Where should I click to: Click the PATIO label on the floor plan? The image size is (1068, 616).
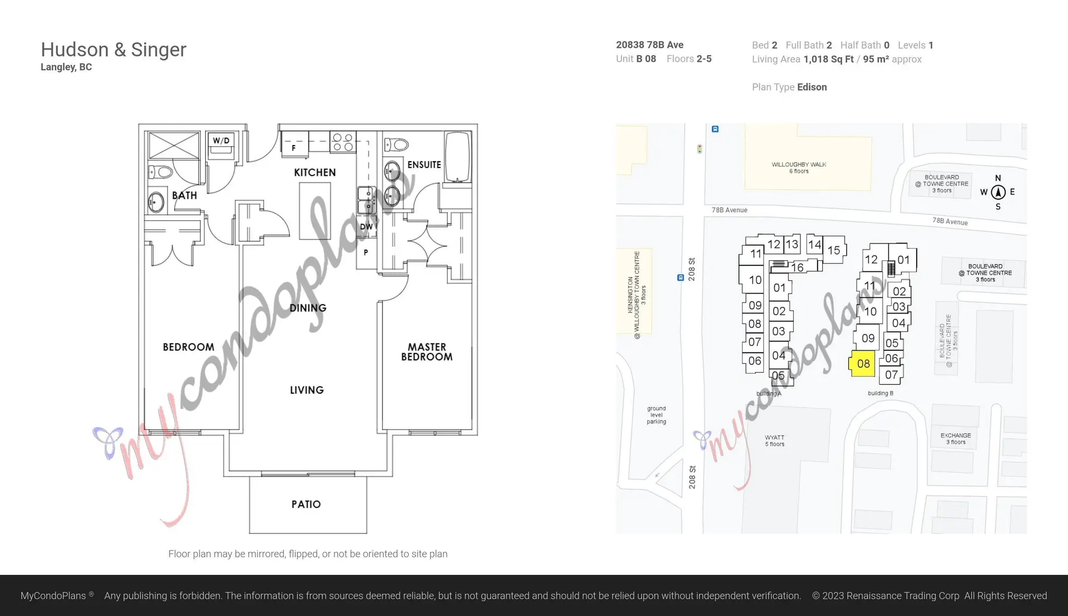click(x=306, y=504)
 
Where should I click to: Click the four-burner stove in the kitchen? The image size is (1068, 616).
click(x=343, y=142)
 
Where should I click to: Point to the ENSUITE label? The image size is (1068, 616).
click(x=424, y=165)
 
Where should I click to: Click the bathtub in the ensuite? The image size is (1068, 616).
click(x=457, y=157)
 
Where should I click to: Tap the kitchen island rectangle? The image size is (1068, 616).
click(x=315, y=211)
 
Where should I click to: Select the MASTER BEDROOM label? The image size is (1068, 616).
click(x=427, y=352)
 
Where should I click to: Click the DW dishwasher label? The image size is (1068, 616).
click(x=366, y=227)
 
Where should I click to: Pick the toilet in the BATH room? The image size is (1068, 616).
click(x=161, y=172)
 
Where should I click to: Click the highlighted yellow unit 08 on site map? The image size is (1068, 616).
click(x=863, y=364)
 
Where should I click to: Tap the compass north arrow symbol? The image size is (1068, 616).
click(x=998, y=192)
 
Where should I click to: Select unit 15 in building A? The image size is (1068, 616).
click(x=833, y=250)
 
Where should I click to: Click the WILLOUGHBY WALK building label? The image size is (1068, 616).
click(x=799, y=167)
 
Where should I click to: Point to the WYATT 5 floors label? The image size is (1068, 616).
click(x=774, y=440)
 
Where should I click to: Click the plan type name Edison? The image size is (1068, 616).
click(x=812, y=87)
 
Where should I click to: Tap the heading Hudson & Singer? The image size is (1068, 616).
click(x=113, y=49)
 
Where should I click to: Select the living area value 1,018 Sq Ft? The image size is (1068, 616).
click(x=828, y=59)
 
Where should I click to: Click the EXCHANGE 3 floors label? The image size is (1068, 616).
click(x=956, y=439)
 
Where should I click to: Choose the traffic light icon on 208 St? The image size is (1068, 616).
click(x=700, y=149)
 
